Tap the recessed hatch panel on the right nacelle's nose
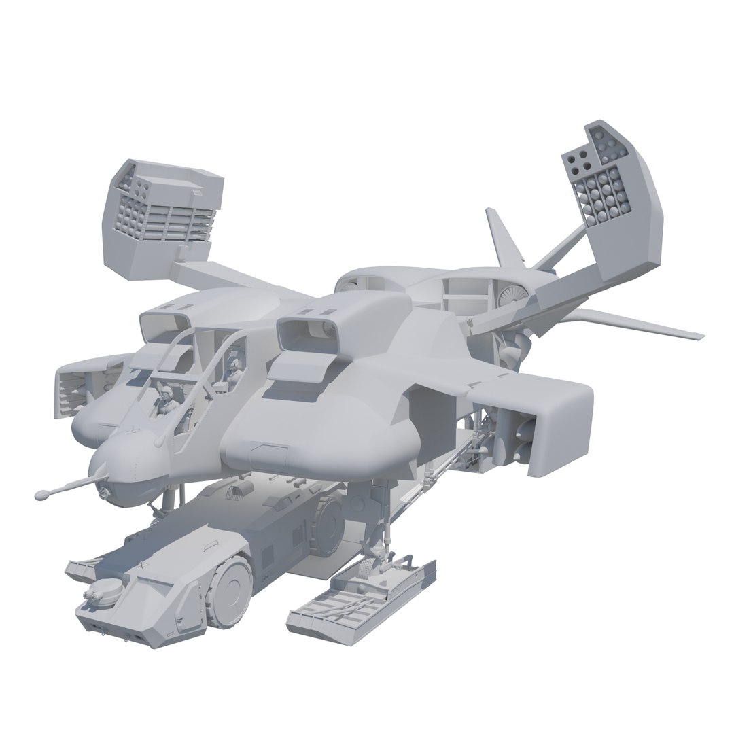(271, 451)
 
